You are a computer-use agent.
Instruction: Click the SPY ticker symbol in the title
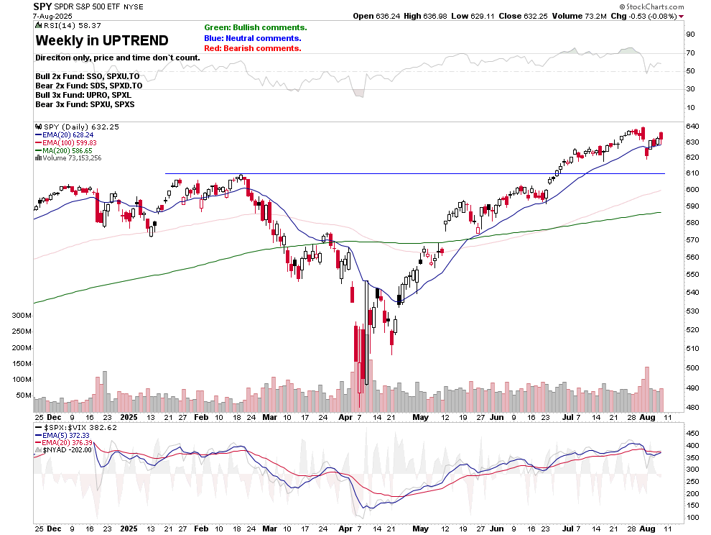[x=42, y=6]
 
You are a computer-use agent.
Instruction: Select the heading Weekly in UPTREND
[x=102, y=40]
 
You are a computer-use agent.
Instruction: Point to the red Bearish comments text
[x=253, y=48]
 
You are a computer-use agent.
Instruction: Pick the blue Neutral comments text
[x=253, y=38]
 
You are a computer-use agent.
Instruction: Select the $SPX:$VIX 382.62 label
[x=76, y=426]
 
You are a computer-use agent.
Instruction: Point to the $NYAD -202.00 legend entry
[x=68, y=449]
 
